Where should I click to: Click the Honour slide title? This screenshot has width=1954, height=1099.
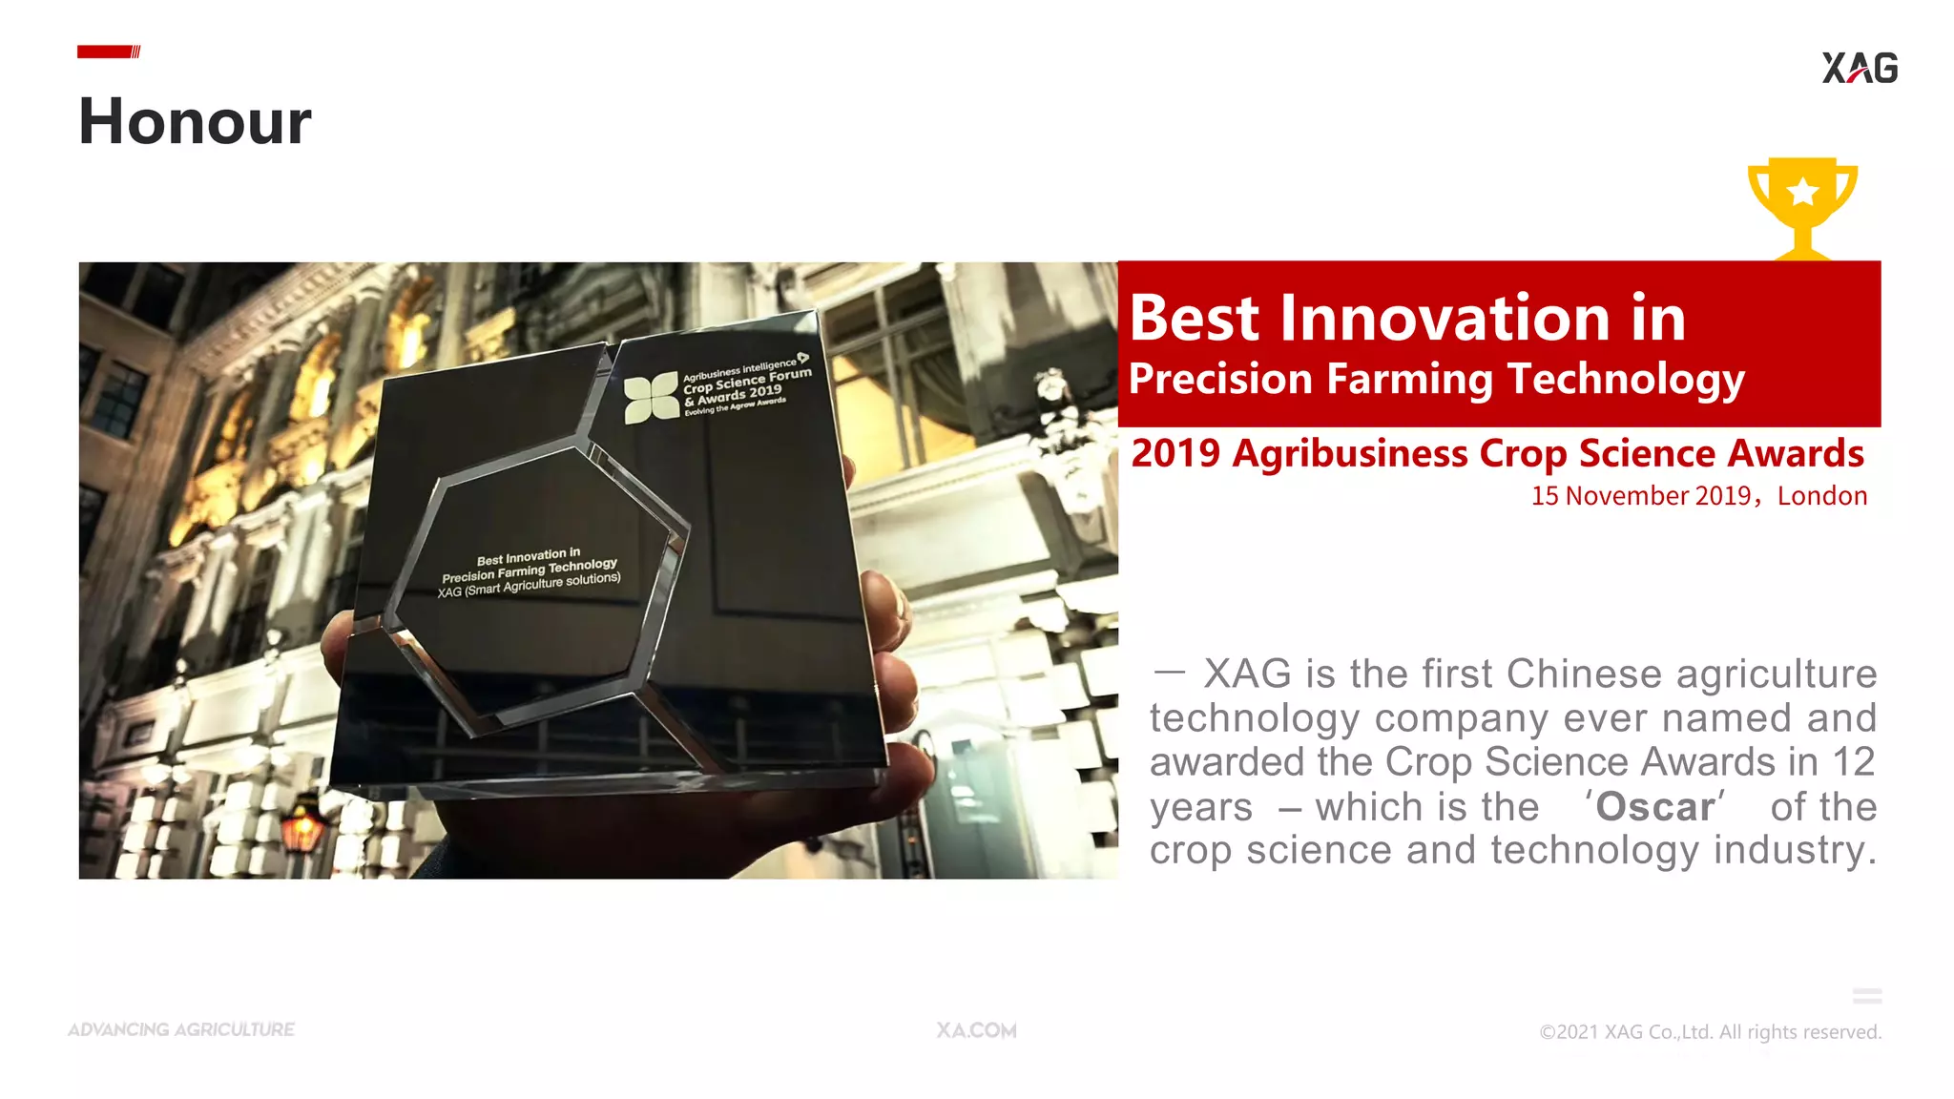(195, 122)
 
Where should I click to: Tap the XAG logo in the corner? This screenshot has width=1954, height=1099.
(1860, 68)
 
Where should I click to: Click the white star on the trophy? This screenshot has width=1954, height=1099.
(1803, 193)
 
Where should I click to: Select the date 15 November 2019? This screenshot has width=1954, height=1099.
(1640, 496)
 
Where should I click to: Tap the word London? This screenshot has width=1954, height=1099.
(1821, 496)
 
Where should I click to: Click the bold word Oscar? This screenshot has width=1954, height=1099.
(1655, 807)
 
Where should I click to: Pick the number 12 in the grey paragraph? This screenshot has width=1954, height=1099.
(1853, 762)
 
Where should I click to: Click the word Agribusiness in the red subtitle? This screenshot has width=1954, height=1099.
(1349, 454)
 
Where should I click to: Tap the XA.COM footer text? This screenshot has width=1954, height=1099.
(976, 1030)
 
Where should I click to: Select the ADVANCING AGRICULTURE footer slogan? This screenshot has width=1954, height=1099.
(181, 1030)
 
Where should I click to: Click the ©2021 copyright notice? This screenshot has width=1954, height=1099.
(1710, 1032)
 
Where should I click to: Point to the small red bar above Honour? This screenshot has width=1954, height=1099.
(108, 52)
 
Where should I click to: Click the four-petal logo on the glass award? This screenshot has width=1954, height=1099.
(652, 398)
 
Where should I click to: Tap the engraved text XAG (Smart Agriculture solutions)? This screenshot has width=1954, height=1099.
(529, 585)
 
